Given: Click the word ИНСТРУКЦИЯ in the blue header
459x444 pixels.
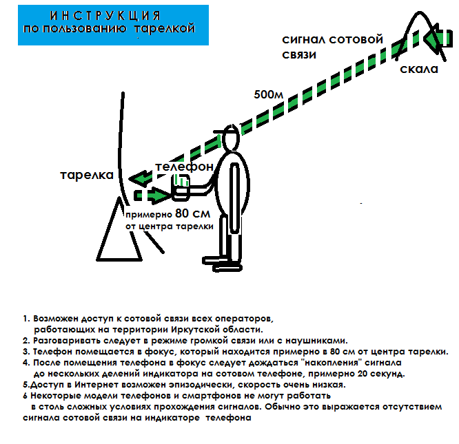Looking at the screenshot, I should click(106, 14).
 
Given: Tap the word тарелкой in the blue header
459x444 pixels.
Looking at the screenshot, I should click(165, 29).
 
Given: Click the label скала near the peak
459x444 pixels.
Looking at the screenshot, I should click(418, 70).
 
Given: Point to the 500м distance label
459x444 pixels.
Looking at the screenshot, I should click(269, 92).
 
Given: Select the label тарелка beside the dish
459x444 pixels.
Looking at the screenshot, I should click(85, 176).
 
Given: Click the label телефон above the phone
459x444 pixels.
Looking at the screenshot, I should click(184, 167).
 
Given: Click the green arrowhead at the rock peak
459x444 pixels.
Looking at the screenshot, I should click(435, 39).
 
